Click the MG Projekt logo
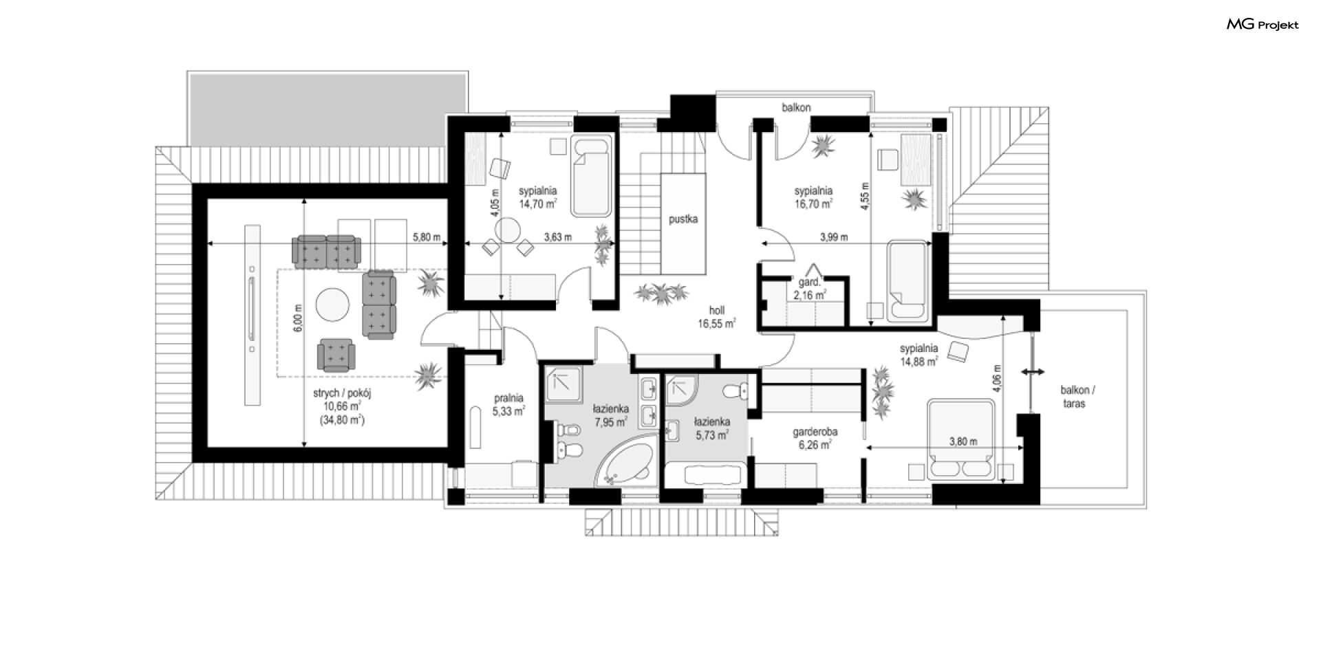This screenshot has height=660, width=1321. [1263, 25]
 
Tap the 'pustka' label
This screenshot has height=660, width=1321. [683, 219]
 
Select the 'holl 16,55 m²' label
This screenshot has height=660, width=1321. [717, 317]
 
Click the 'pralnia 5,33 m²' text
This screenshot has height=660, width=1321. [508, 405]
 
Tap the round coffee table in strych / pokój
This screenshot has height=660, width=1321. [333, 304]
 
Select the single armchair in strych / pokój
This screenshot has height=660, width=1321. [336, 355]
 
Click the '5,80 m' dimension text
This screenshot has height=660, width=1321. [426, 237]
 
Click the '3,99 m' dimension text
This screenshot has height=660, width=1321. [834, 237]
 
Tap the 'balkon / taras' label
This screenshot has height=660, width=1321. [1074, 397]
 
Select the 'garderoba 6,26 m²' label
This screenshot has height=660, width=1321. [815, 439]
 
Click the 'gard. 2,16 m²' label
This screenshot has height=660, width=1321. [809, 289]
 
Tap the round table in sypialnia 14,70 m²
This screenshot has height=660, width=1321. [510, 230]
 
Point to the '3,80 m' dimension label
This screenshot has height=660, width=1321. [963, 441]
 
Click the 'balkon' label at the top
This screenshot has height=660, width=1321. [796, 107]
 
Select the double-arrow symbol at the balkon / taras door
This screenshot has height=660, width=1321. [1033, 372]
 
